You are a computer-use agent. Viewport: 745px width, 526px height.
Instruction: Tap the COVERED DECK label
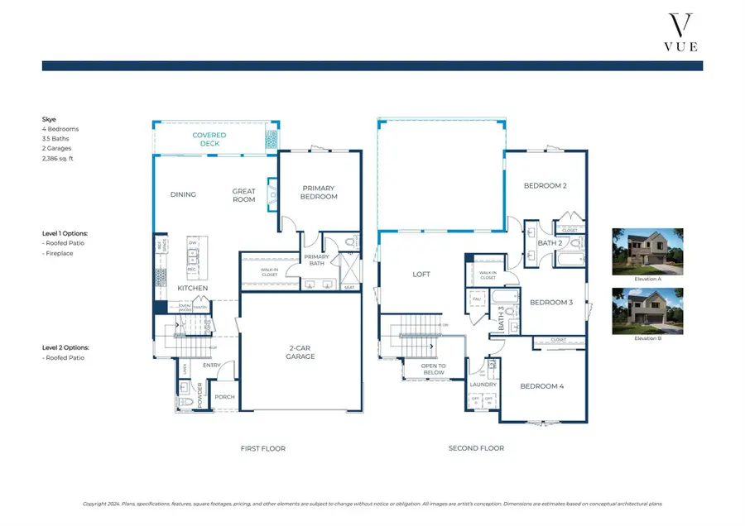(x=209, y=139)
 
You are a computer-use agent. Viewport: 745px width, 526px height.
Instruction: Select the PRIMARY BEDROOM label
(x=320, y=192)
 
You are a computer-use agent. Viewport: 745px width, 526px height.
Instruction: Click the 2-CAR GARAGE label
(x=300, y=352)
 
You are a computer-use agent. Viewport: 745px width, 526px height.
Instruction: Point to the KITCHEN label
(x=193, y=288)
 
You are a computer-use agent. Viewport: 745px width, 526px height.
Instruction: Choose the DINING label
(x=183, y=195)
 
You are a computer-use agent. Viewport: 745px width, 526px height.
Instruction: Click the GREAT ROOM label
(x=243, y=195)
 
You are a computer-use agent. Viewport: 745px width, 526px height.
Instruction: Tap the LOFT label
(x=421, y=275)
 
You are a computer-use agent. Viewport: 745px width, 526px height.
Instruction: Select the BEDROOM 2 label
(x=545, y=186)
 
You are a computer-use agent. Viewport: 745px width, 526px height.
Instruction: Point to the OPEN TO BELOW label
(x=433, y=369)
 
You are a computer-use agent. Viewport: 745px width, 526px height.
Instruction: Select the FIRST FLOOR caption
(x=262, y=448)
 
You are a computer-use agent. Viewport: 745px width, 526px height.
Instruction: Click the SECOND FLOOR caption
(x=476, y=448)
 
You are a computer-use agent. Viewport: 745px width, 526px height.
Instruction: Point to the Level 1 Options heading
(x=65, y=234)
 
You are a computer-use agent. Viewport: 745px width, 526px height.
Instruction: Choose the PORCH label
(x=224, y=397)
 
